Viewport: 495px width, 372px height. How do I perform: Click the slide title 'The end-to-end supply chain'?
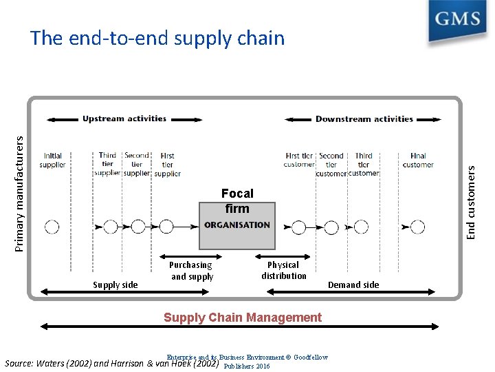tap(157, 38)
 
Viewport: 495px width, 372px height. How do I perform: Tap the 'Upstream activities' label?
tap(124, 118)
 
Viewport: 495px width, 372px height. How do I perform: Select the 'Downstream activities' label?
tap(364, 118)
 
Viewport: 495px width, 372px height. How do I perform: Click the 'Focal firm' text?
tap(237, 201)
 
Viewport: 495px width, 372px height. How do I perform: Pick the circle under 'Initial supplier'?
tap(52, 226)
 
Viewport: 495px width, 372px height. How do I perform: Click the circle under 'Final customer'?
tap(417, 226)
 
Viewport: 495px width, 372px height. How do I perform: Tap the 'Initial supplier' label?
tap(53, 161)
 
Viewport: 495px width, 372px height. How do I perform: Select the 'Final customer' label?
tap(418, 161)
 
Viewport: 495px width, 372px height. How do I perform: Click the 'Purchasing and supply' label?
tap(192, 271)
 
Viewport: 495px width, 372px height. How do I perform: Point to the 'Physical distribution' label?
tap(283, 270)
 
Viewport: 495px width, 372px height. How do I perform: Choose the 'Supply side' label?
tap(115, 285)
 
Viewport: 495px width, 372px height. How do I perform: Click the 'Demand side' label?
tap(353, 285)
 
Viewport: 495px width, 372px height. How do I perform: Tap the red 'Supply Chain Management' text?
tap(242, 318)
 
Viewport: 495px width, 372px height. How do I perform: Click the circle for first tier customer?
tap(298, 226)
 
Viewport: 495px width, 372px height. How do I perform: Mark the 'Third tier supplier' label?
tap(107, 165)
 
